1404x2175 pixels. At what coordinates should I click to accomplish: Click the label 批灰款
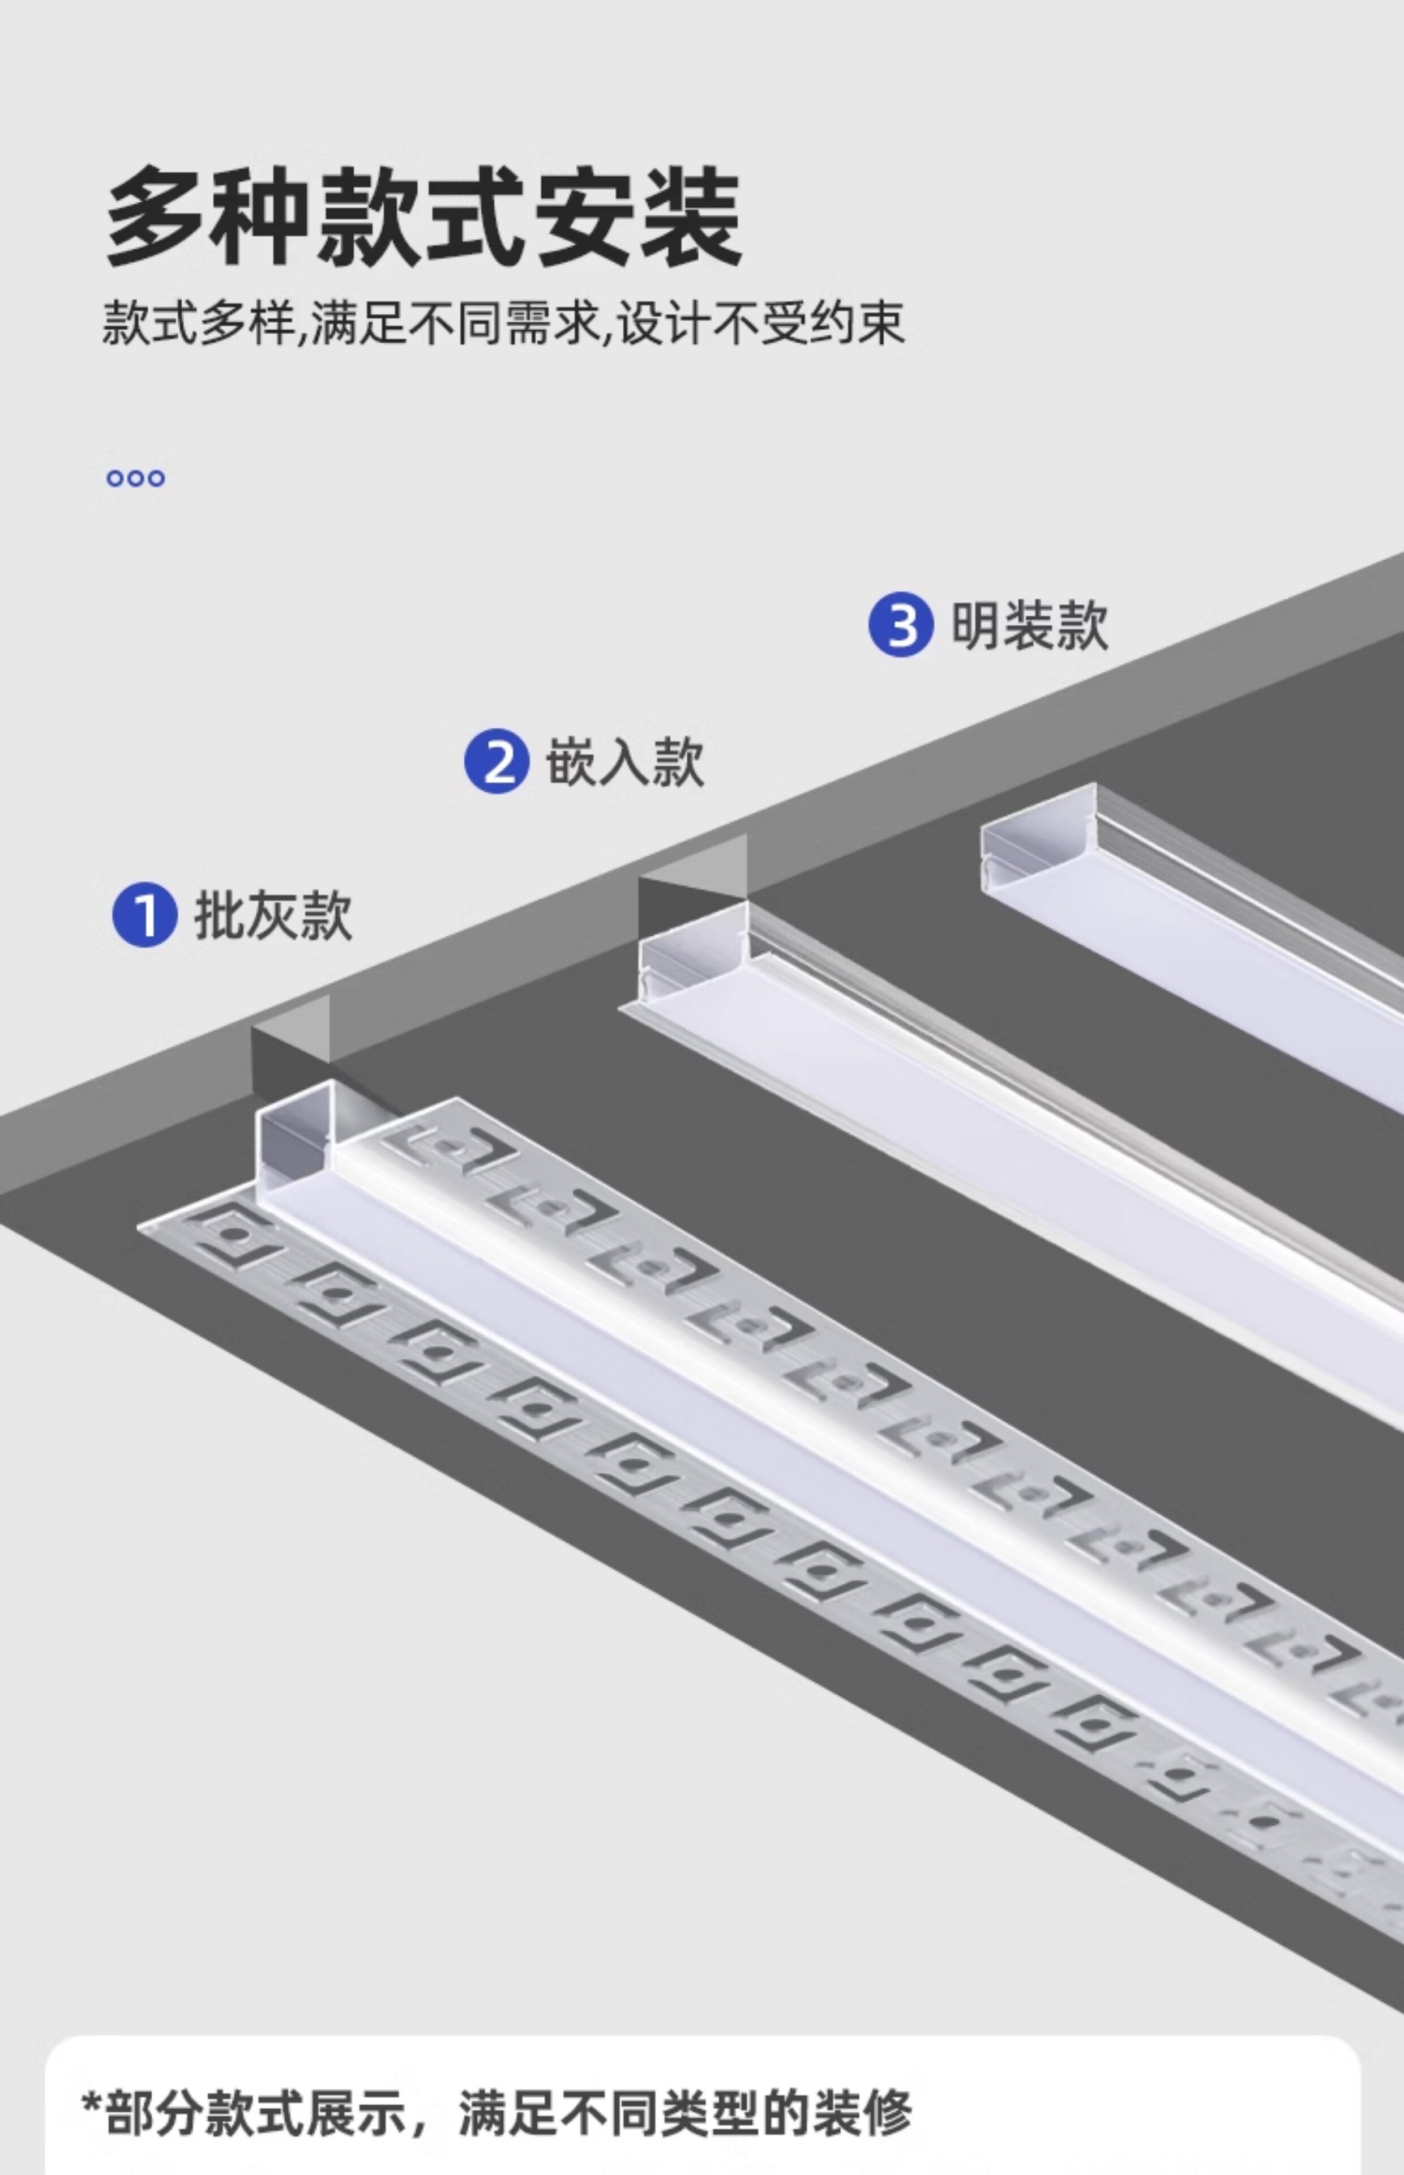click(273, 915)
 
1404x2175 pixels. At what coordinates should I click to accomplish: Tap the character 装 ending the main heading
click(690, 217)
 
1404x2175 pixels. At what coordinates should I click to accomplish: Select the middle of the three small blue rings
click(136, 478)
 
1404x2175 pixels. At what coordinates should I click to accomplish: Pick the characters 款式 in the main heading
click(420, 217)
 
